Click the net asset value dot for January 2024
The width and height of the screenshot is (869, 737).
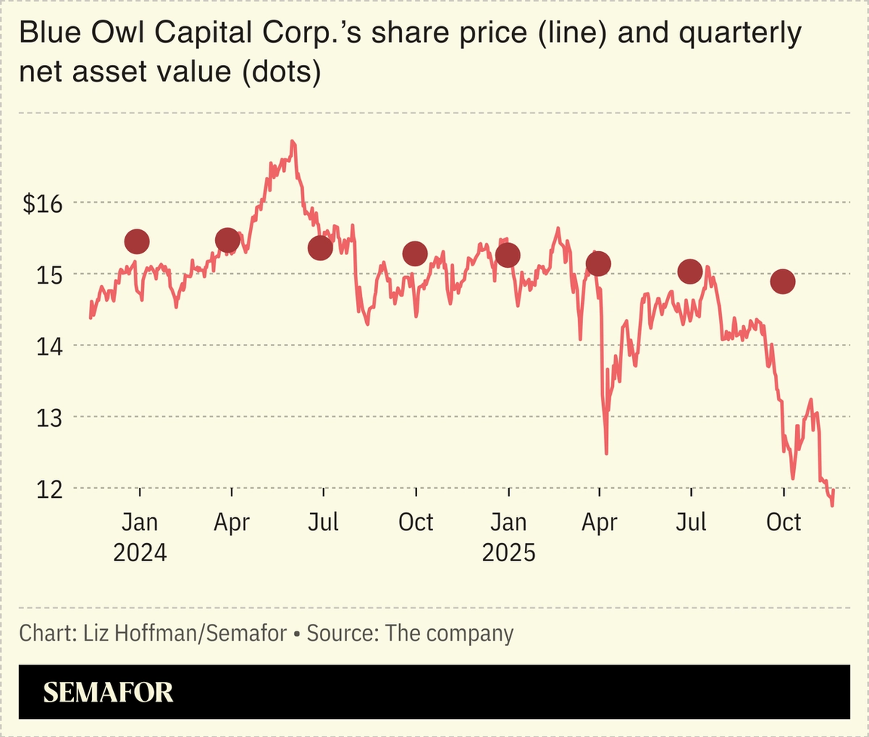click(137, 241)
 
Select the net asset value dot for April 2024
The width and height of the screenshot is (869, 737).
click(228, 240)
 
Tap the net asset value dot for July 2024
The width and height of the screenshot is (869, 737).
click(321, 247)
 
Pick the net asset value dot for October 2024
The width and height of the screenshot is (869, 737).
click(415, 253)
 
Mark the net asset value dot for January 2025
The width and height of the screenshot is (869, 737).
click(508, 255)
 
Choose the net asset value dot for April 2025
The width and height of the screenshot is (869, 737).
click(599, 263)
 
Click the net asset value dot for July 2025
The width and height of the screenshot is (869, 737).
click(690, 272)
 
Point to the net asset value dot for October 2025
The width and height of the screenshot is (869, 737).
click(783, 281)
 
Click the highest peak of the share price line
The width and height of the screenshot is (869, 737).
click(293, 142)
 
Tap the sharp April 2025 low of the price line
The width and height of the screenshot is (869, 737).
click(606, 453)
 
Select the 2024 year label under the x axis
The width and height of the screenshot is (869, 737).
click(140, 553)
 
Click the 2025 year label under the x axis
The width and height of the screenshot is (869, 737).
click(508, 553)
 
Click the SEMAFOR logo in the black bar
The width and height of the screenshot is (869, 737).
click(108, 692)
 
